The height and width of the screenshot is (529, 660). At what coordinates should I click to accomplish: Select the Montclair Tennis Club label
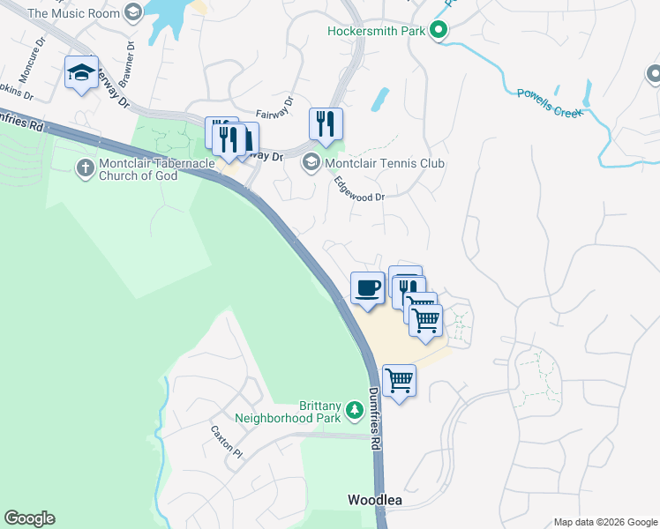pos(385,163)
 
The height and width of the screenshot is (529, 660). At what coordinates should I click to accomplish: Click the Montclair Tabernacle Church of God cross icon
pos(86,168)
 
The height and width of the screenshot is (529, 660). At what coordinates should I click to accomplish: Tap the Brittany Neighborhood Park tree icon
pos(354,410)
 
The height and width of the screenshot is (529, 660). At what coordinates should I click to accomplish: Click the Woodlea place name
pos(374,500)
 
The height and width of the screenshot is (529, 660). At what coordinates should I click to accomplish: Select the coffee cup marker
pos(368,287)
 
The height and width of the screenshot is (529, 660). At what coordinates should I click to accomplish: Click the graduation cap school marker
pos(81,73)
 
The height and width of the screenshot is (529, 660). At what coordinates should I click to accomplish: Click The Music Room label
pos(73,12)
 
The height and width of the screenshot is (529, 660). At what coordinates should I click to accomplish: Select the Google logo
pos(29,518)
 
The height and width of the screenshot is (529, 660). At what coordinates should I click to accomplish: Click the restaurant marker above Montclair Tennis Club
pos(326,123)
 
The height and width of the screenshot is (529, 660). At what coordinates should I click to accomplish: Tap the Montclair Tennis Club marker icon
pos(311,163)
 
